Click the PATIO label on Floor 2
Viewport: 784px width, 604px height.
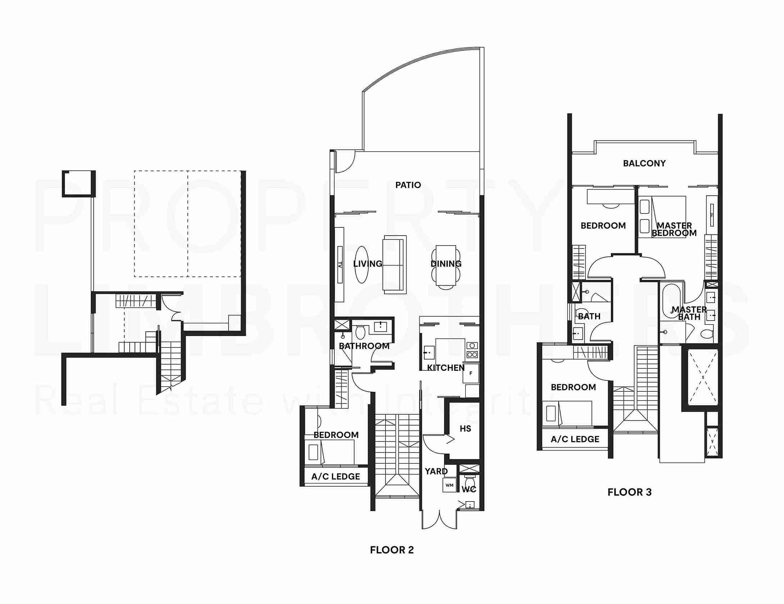coord(408,185)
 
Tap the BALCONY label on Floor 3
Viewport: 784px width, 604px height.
coord(644,163)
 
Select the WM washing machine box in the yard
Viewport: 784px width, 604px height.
coord(449,485)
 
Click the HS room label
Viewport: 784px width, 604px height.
coord(465,428)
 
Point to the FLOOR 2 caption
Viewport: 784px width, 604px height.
coord(392,550)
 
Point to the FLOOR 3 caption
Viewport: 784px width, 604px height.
coord(629,492)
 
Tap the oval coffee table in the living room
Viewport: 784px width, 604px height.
coord(361,265)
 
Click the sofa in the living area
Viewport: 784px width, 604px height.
coord(395,265)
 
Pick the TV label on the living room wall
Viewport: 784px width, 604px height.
coord(339,265)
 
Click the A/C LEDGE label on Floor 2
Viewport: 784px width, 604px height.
coord(335,477)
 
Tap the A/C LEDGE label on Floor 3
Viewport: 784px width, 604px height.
coord(575,439)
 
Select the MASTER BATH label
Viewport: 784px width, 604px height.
coord(689,313)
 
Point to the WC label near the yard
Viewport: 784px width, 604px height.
coord(469,489)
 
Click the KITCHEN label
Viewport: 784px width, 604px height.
coord(446,368)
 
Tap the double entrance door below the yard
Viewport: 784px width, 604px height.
coord(440,520)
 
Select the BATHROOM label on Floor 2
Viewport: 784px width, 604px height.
coord(364,346)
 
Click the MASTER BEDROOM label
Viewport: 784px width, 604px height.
coord(674,229)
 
